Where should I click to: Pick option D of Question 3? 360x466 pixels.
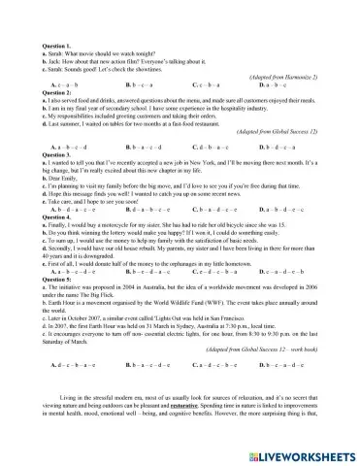[x=280, y=209]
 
